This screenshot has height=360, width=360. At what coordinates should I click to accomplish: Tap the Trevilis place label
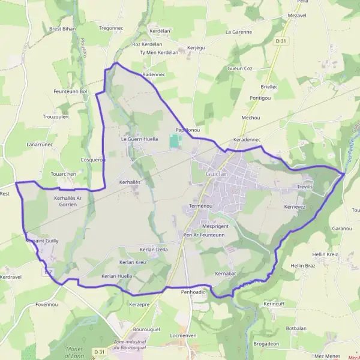305,187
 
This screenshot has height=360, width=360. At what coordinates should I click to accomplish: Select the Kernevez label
295,206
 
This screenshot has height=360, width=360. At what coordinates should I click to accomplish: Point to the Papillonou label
187,130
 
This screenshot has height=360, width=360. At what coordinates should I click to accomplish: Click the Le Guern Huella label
139,139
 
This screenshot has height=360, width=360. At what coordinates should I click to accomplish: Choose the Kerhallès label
130,181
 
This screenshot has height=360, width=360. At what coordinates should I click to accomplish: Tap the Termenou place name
200,206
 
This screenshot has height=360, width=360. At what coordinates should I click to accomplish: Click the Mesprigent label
216,226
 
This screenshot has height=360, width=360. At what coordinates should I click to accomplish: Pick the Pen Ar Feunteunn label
204,235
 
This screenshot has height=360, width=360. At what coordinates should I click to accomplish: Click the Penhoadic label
193,291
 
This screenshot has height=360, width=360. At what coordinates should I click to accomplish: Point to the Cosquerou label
93,160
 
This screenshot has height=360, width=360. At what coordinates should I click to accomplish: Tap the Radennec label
154,74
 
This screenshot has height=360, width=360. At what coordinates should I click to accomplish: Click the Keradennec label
246,139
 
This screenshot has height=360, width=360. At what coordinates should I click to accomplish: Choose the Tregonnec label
110,28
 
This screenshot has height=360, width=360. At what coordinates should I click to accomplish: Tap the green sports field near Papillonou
175,142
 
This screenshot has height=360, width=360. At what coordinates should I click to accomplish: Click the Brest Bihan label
62,28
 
